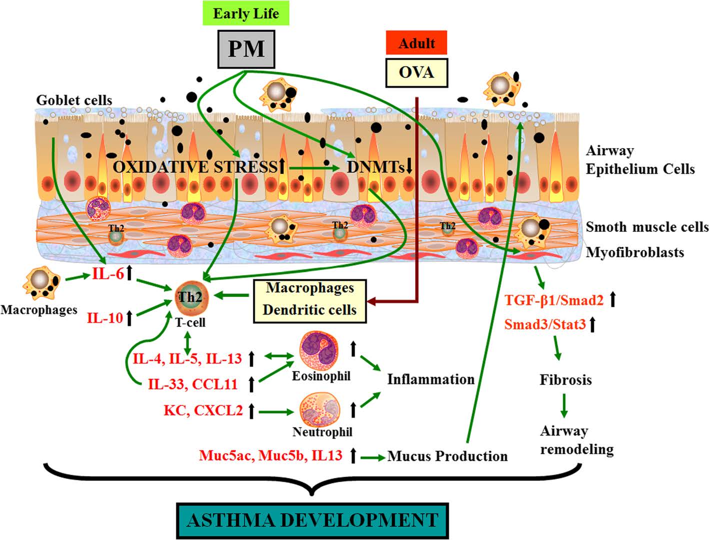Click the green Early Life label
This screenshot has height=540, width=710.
246,13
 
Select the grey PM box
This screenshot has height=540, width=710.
246,49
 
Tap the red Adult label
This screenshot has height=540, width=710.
416,43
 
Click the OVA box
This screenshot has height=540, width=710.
416,73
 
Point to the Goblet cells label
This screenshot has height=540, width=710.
74,100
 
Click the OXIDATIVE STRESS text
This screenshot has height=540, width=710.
194,166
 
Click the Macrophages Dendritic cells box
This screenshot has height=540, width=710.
310,299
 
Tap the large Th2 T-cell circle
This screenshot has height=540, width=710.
189,297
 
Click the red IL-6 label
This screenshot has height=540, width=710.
107,273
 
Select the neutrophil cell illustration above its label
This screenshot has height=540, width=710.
320,409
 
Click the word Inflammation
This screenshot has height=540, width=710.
430,379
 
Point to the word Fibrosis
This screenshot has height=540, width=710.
565,379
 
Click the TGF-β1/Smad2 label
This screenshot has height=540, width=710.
553,300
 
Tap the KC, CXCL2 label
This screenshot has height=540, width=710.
203,410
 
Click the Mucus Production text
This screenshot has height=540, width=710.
447,456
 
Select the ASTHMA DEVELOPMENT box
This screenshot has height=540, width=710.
312,520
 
